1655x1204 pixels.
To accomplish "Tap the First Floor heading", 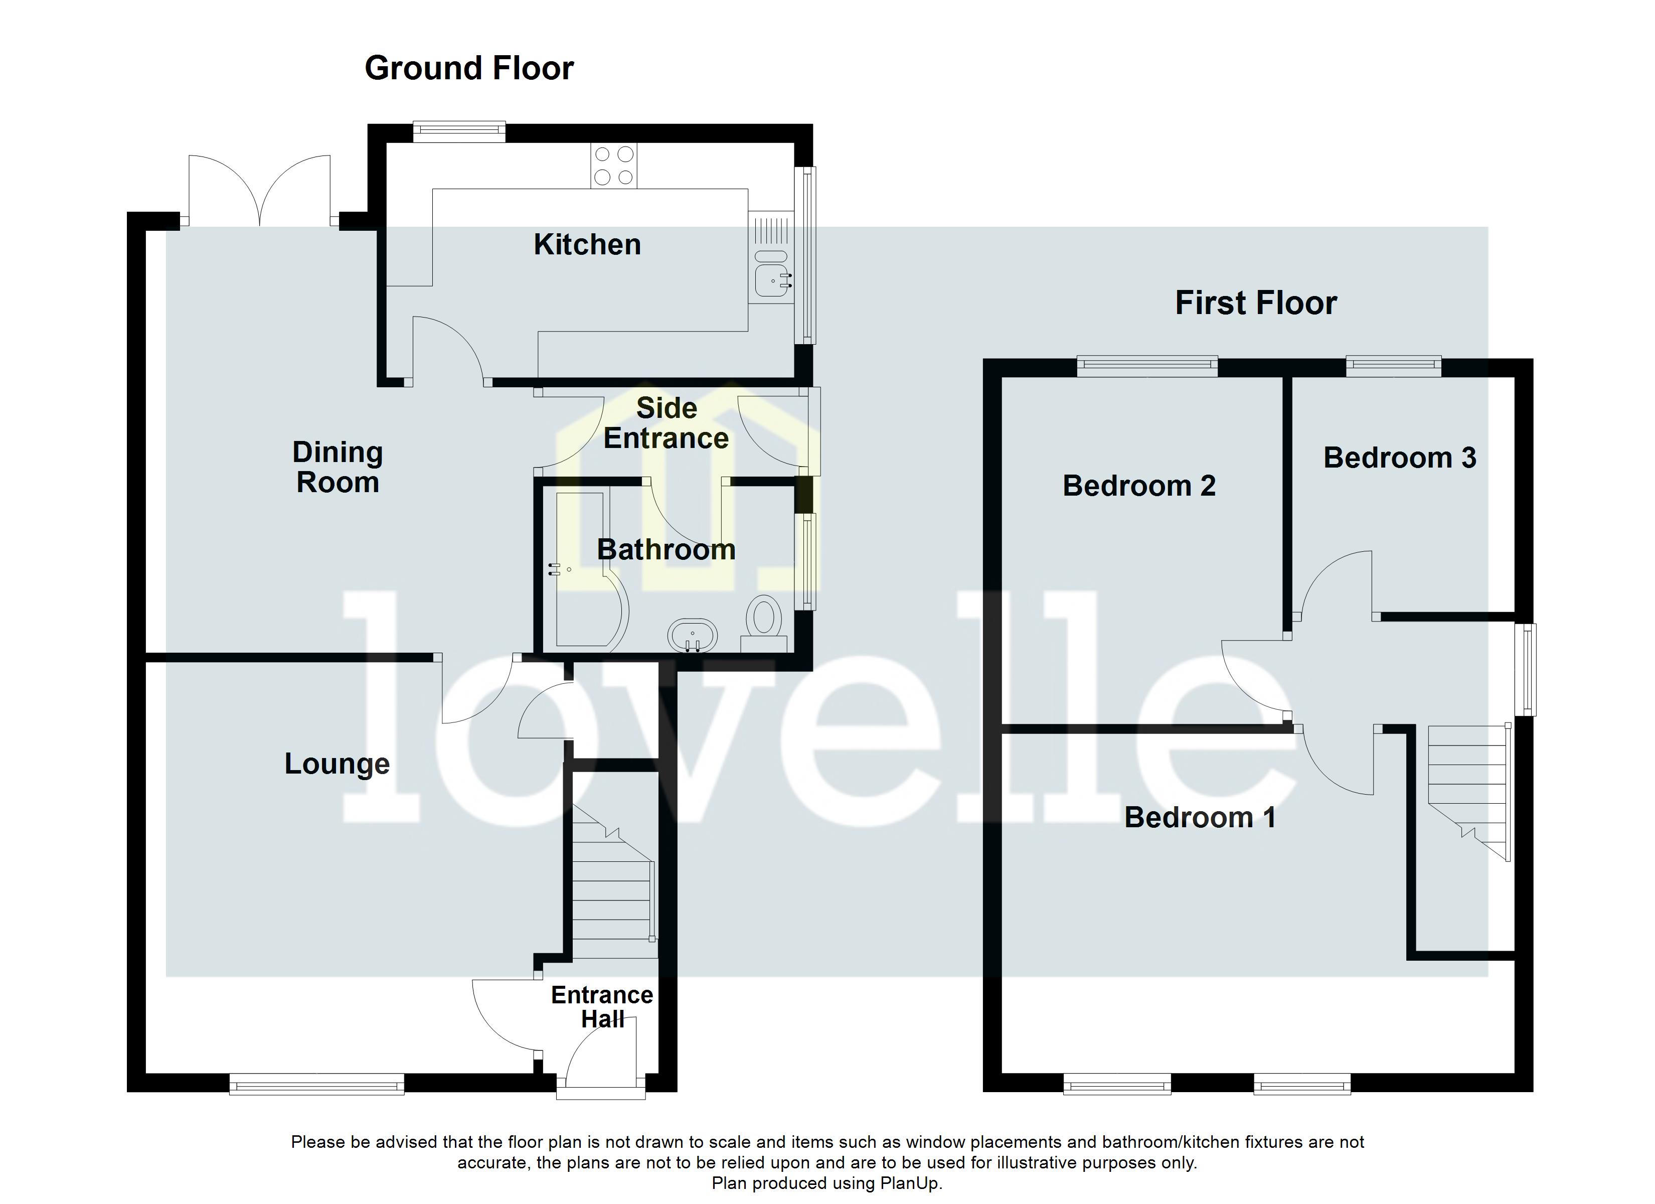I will point(1255,303).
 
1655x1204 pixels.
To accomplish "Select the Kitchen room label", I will point(587,245).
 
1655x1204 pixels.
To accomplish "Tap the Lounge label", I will point(337,764).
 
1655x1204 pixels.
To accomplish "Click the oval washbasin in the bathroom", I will point(692,635).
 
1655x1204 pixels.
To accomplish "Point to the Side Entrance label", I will point(666,423).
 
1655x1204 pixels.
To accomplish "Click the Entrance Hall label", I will point(601,1007).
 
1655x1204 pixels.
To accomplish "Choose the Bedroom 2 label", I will point(1138,486).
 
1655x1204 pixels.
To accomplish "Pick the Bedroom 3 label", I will point(1400,458).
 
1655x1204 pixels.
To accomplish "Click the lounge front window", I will point(316,1084).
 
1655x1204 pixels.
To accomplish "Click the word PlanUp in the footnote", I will point(909,1183).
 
